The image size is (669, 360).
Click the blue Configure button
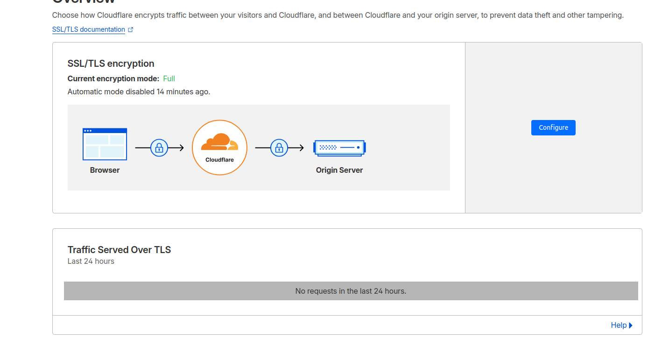(x=553, y=127)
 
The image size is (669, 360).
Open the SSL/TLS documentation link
(x=89, y=29)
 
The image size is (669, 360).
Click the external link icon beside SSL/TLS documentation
(x=131, y=29)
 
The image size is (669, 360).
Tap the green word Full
(x=169, y=78)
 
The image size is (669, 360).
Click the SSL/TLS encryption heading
(x=111, y=64)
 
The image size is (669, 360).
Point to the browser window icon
(x=105, y=144)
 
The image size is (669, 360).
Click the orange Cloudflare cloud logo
(x=219, y=142)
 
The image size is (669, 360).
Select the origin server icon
(x=339, y=148)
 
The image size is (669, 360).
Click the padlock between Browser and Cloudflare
(x=159, y=148)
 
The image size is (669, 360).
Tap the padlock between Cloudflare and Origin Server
(x=279, y=148)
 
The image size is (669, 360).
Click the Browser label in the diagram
(x=105, y=170)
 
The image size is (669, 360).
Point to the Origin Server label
(x=339, y=170)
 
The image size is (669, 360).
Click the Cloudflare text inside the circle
(x=219, y=160)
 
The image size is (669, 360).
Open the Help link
(x=619, y=325)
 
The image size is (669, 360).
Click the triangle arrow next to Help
(x=631, y=325)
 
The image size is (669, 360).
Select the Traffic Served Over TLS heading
(x=119, y=250)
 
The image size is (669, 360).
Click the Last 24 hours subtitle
(x=91, y=261)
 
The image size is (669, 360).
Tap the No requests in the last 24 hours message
(x=351, y=291)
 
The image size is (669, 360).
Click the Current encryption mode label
(x=113, y=78)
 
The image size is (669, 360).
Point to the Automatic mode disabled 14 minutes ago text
(x=139, y=92)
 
